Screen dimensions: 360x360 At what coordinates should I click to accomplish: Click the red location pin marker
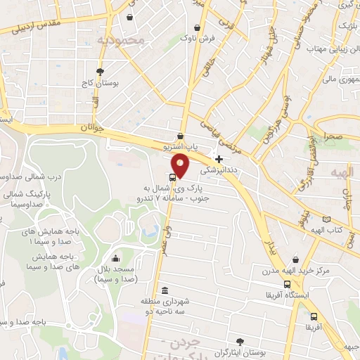pos(181,165)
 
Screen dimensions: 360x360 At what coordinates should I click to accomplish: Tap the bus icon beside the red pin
pos(173,177)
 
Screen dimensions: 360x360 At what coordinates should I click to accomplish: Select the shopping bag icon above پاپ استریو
pos(181,136)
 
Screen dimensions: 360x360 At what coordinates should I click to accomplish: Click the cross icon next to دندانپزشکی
pos(219,159)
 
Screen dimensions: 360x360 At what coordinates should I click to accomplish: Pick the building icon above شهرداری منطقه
pos(165,291)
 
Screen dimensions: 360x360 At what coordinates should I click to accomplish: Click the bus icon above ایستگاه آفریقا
pos(287,283)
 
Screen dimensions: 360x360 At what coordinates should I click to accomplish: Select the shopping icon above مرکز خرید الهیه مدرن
pos(295,260)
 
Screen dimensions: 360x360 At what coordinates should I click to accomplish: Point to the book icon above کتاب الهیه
pos(326,220)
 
